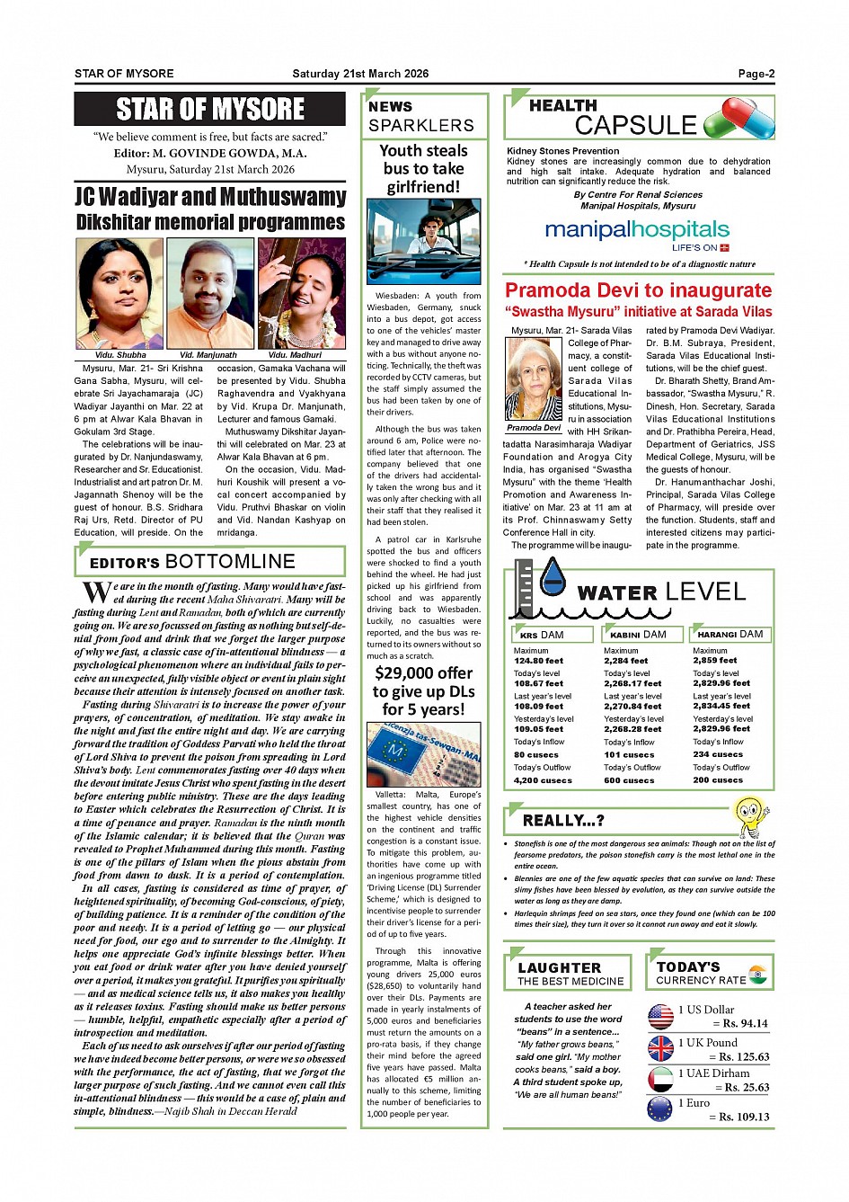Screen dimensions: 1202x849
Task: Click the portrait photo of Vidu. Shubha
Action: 119,293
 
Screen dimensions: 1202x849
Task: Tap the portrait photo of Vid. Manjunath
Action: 210,293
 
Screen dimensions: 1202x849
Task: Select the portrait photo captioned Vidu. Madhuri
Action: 302,293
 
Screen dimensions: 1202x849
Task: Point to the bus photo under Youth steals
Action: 424,242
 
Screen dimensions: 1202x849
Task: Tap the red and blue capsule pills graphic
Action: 739,119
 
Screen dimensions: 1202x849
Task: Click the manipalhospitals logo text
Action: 637,230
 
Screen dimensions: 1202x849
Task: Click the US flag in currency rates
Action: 660,1017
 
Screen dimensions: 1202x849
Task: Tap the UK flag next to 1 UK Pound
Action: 660,1048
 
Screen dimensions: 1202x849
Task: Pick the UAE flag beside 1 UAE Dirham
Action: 660,1079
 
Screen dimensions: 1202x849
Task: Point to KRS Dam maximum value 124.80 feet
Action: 539,661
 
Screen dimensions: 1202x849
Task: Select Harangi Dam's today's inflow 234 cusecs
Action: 718,754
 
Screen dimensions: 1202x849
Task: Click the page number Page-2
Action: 756,74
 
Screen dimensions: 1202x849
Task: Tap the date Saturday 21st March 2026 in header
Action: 360,74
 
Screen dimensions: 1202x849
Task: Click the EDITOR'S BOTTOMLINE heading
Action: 192,562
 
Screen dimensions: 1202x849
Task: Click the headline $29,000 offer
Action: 424,673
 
